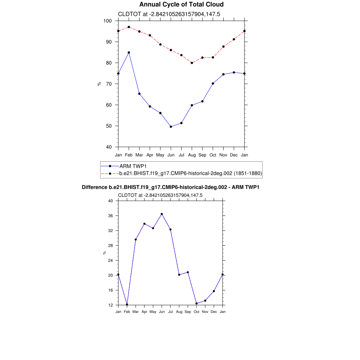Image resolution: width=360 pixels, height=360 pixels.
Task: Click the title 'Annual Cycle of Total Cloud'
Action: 181,5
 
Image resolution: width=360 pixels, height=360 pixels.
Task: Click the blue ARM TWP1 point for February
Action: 129,52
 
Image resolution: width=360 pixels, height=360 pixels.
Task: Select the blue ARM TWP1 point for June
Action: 171,127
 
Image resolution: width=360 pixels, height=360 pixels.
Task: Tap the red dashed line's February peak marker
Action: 129,27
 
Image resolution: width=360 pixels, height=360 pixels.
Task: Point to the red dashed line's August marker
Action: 192,63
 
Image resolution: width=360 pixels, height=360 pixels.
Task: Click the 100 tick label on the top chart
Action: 108,21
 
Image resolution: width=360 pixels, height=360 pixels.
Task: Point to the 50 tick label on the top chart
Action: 109,126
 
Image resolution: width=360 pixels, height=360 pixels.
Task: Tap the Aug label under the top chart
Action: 192,155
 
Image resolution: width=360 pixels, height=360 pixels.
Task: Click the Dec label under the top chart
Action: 234,155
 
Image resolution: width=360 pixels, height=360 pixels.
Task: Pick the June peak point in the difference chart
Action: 162,214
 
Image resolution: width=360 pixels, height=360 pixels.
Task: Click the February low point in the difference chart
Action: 127,304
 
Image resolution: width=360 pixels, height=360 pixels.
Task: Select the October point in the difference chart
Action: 197,303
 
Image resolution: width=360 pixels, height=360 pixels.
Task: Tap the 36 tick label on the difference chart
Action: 110,216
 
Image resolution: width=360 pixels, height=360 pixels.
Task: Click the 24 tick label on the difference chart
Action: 110,261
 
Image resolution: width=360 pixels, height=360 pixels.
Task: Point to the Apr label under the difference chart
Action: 144,312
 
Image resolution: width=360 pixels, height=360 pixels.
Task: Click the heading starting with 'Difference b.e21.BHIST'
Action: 171,187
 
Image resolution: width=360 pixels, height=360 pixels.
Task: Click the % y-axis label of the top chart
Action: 99,84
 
